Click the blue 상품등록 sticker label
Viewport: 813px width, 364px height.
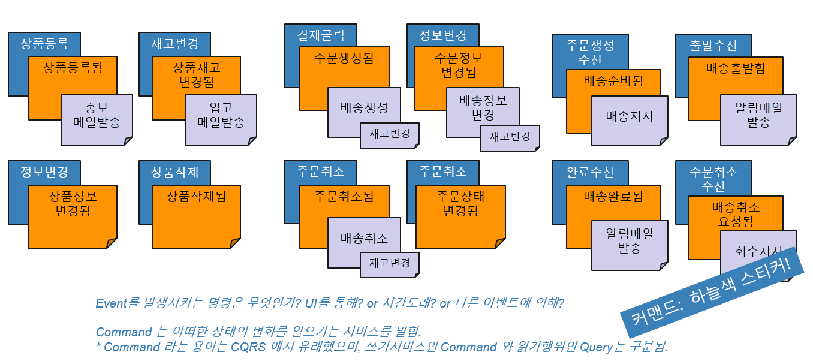(x=44, y=44)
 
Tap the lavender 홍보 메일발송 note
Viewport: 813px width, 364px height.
(x=97, y=120)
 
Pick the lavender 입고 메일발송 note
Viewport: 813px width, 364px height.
(x=221, y=120)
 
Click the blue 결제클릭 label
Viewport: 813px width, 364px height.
(x=321, y=35)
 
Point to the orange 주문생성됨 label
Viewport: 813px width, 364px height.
(x=344, y=58)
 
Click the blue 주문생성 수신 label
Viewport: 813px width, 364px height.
(x=590, y=52)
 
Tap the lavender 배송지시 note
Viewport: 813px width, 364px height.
(x=630, y=121)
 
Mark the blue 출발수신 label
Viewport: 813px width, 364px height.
(x=713, y=46)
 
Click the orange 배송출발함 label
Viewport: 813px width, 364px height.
(x=736, y=68)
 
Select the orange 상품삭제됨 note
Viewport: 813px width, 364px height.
(x=196, y=217)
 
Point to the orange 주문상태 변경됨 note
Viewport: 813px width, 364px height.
(x=460, y=217)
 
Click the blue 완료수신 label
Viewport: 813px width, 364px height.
(x=590, y=172)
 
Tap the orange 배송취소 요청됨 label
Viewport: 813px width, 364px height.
(x=736, y=214)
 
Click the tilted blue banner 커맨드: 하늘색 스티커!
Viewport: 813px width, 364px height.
(x=712, y=292)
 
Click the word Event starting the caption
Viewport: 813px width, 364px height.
(x=112, y=303)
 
